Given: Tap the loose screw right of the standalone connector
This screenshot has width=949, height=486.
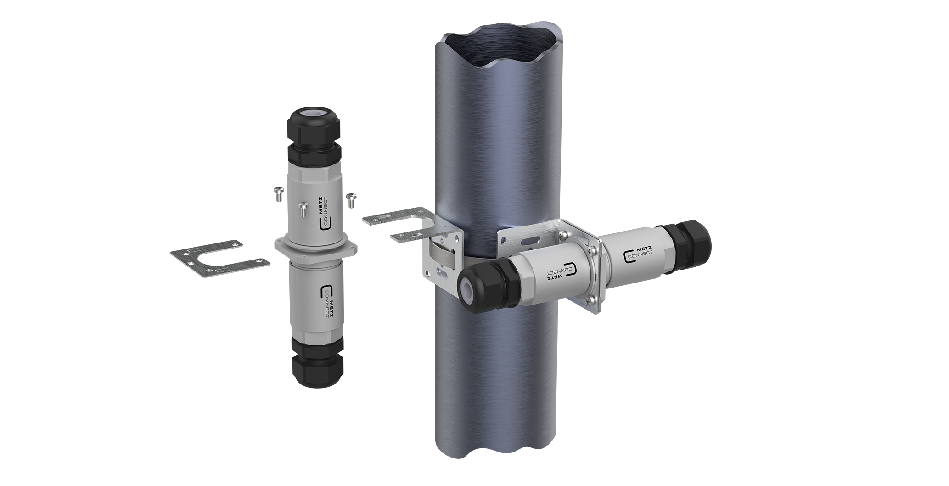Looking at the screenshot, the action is (x=351, y=198).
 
